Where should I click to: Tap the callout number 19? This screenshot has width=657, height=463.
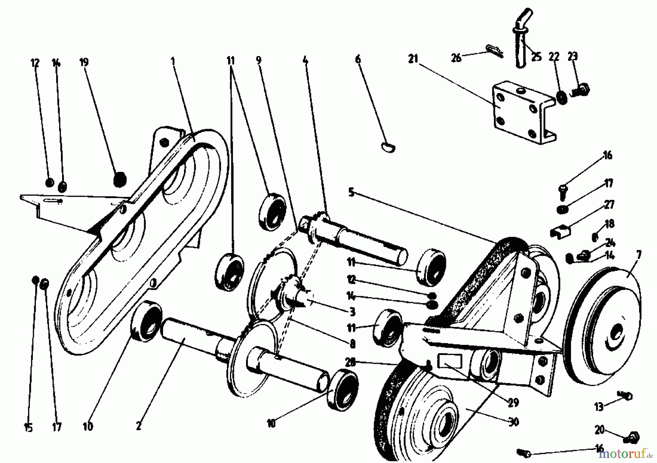84,62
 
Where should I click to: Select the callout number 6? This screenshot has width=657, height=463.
358,59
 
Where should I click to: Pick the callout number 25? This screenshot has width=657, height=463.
536,57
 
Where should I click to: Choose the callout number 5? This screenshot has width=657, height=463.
351,192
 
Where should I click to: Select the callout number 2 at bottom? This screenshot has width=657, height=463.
138,425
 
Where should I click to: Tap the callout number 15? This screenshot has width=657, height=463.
28,428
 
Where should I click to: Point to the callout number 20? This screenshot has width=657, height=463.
599,430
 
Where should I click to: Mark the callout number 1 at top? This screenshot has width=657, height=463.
173,61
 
